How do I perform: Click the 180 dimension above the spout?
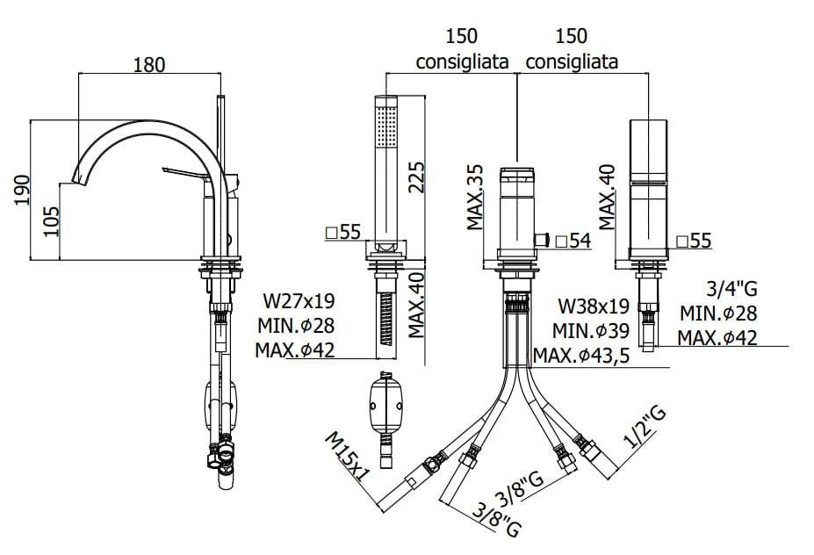[148, 64]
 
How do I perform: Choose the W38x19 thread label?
[594, 306]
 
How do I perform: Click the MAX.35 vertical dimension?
[475, 196]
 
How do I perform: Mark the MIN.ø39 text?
[592, 331]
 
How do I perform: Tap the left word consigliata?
[462, 62]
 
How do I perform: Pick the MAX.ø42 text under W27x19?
[295, 350]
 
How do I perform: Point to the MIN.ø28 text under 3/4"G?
[718, 313]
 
